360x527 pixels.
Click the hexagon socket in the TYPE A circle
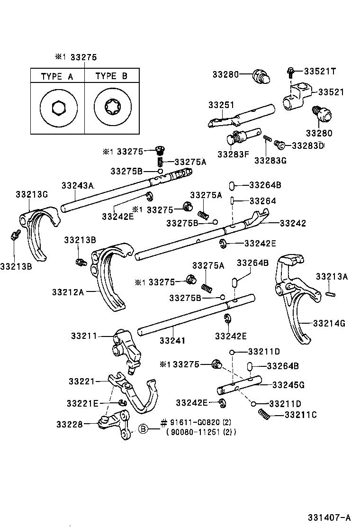point(58,108)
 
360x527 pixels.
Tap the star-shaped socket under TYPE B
point(113,108)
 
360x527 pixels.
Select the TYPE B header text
point(111,76)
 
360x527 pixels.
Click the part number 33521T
point(320,71)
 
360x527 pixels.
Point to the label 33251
point(221,105)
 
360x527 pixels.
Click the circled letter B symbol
point(144,429)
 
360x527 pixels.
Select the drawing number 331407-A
point(329,517)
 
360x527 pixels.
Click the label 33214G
point(329,323)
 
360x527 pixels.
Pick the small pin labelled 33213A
point(331,294)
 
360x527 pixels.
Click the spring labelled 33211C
point(265,414)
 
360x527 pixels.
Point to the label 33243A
point(77,185)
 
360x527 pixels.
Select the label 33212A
point(68,292)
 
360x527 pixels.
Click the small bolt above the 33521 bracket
point(290,72)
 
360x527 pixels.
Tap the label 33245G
point(288,385)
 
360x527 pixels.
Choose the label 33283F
point(233,154)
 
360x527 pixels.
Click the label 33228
point(70,424)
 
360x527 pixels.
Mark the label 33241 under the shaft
point(172,340)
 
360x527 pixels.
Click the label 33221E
point(82,403)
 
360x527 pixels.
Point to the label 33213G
point(32,194)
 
